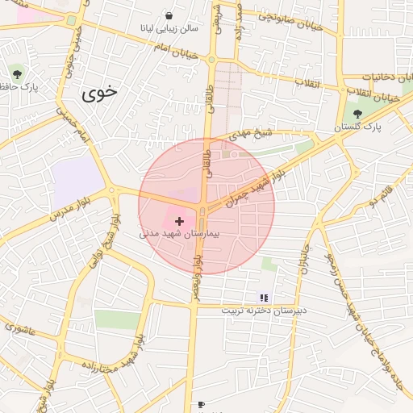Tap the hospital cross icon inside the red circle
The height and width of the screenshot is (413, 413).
pyautogui.click(x=178, y=220)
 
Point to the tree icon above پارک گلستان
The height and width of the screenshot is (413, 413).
pyautogui.click(x=357, y=114)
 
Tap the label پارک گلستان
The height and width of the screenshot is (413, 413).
pyautogui.click(x=359, y=127)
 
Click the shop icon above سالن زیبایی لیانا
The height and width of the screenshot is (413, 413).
pyautogui.click(x=169, y=15)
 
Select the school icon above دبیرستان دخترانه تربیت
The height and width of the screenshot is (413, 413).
pyautogui.click(x=264, y=298)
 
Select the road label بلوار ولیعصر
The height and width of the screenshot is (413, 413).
pyautogui.click(x=196, y=274)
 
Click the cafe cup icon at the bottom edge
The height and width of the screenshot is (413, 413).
pyautogui.click(x=201, y=404)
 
